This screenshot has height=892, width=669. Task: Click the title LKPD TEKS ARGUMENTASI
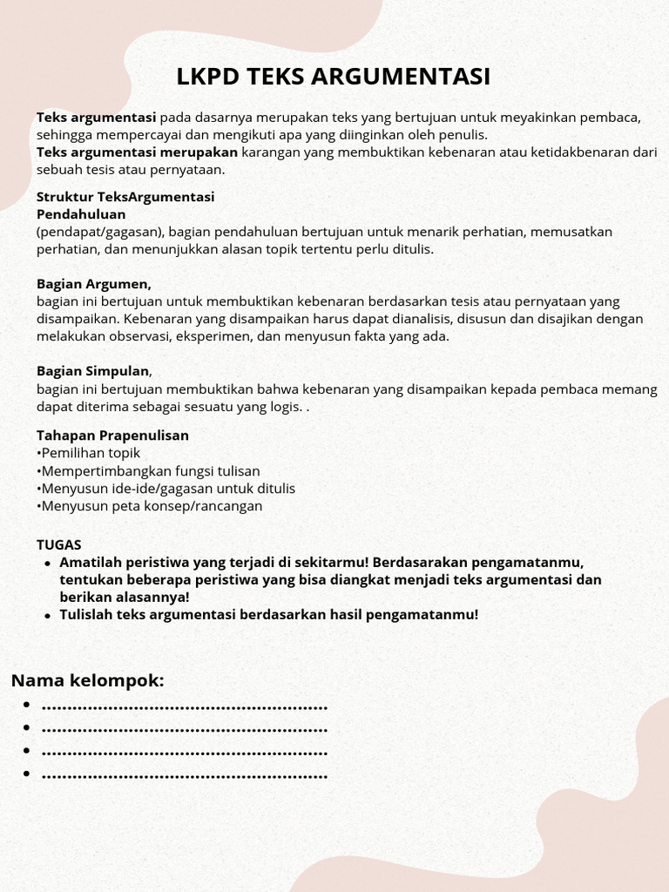coord(334,77)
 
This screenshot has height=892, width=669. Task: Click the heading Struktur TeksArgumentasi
coord(125,197)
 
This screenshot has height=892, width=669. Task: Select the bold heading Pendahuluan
coord(81,213)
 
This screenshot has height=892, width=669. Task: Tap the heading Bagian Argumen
coord(93,283)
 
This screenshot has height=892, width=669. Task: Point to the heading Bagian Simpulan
coord(93,371)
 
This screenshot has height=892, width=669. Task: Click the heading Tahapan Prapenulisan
coord(112,435)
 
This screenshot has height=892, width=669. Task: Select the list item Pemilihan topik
coord(90,453)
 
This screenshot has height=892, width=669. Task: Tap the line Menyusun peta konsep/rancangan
coord(151,505)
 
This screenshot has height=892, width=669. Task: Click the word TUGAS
coord(58,544)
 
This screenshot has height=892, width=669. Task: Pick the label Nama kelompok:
coord(87,680)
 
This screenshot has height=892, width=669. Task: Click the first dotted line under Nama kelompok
coord(184,706)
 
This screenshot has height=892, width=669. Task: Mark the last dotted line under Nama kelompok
coord(184,774)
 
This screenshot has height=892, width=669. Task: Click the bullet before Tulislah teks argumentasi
coord(48,615)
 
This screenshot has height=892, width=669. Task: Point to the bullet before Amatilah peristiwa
coord(48,563)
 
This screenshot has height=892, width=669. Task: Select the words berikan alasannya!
coord(125,597)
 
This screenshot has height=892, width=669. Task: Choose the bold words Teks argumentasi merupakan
coord(137,152)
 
